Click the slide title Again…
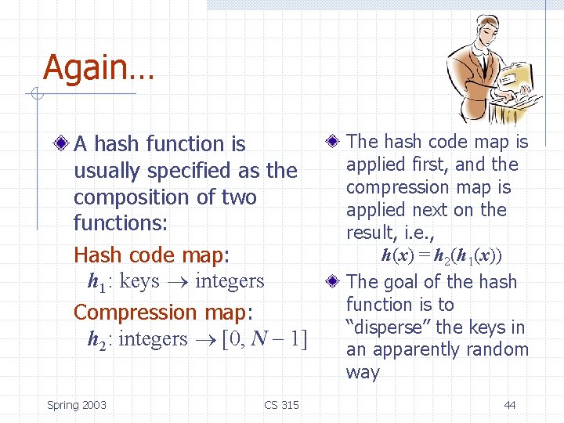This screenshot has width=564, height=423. click(99, 67)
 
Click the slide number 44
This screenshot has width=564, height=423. click(510, 405)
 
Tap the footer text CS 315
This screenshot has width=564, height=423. click(281, 405)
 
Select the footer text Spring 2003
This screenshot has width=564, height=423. click(77, 405)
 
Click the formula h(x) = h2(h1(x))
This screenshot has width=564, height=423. click(442, 256)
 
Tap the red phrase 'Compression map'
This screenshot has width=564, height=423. click(160, 313)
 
